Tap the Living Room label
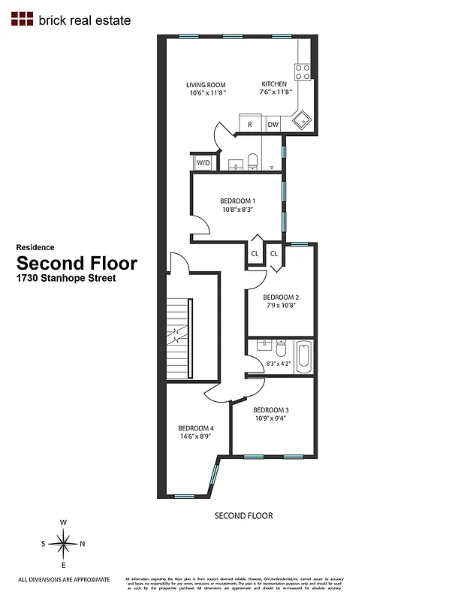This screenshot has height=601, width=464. [206, 85]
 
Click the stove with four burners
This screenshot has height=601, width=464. [303, 71]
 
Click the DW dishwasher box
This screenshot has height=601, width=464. [273, 125]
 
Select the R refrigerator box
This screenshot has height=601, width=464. [249, 125]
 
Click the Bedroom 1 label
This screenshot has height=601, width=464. [237, 201]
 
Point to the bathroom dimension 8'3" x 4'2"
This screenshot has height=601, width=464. [277, 364]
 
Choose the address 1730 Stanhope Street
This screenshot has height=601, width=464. [66, 278]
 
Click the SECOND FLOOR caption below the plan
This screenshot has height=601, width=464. [243, 515]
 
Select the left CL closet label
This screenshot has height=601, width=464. [255, 254]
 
